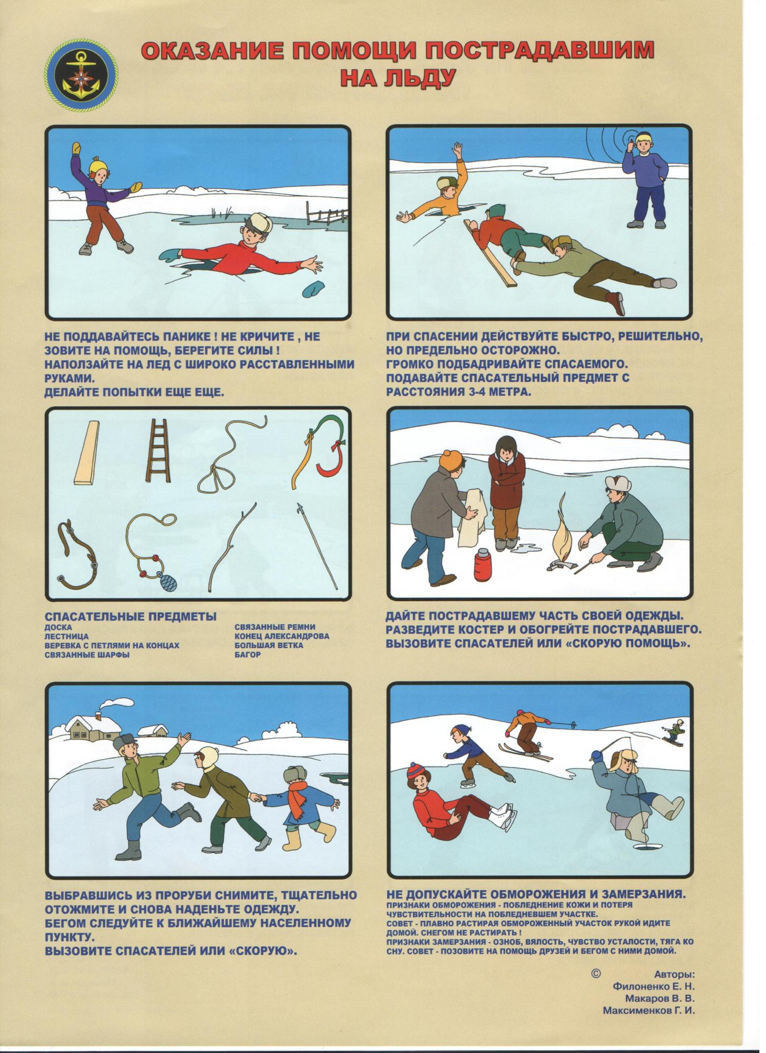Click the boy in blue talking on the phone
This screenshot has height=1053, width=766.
click(x=645, y=180)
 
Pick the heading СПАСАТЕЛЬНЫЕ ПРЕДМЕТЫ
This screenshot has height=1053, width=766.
click(x=131, y=617)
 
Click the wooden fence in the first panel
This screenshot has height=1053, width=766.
click(x=327, y=216)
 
